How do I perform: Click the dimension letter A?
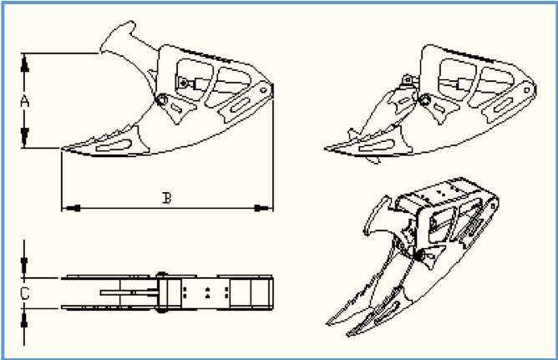(x=24, y=101)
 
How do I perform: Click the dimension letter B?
(x=166, y=198)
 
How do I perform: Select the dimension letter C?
(x=24, y=294)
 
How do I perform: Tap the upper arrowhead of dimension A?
(x=24, y=64)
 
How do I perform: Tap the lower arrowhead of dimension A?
(x=24, y=138)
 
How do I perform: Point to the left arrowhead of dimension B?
(x=71, y=208)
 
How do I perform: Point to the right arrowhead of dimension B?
(x=263, y=208)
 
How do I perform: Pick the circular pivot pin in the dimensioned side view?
(x=161, y=99)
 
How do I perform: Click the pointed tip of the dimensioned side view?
(x=63, y=149)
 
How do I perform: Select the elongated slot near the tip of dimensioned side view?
(x=114, y=145)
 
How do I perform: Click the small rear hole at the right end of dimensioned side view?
(x=264, y=90)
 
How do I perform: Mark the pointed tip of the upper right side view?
(x=326, y=149)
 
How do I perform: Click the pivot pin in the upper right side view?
(x=424, y=99)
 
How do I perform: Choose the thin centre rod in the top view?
(x=129, y=292)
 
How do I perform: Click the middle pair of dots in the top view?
(x=208, y=292)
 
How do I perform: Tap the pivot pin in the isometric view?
(x=421, y=256)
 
